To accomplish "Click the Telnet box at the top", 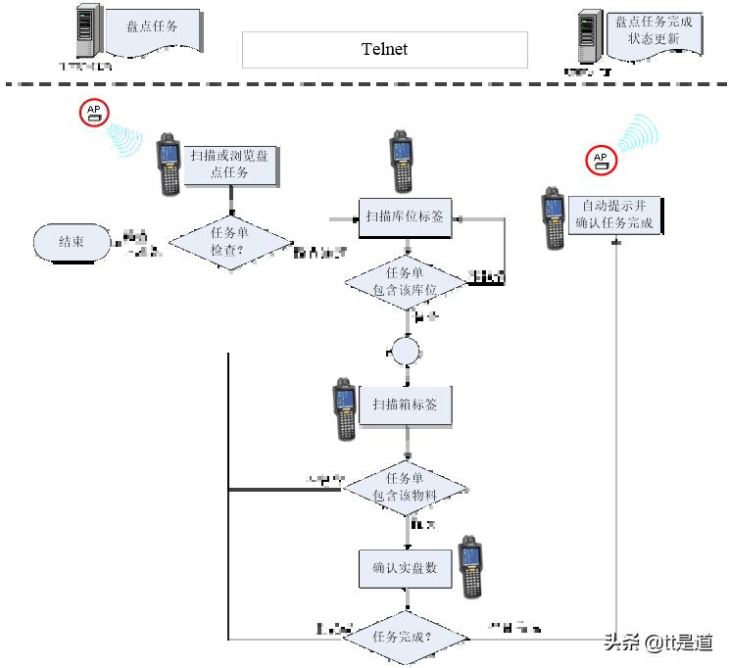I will pyautogui.click(x=384, y=49).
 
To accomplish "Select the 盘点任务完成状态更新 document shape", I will pyautogui.click(x=654, y=31).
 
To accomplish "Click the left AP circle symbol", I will pyautogui.click(x=95, y=113).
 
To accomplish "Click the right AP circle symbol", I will pyautogui.click(x=601, y=161).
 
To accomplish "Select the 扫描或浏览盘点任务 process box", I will pyautogui.click(x=232, y=164).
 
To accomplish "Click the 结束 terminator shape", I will pyautogui.click(x=72, y=242).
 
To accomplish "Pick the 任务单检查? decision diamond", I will pyautogui.click(x=231, y=241).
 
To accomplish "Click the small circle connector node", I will pyautogui.click(x=406, y=350).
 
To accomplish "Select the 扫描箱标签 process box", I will pyautogui.click(x=406, y=405).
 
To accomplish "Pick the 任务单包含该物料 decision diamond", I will pyautogui.click(x=406, y=488).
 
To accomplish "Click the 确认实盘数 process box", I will pyautogui.click(x=406, y=567).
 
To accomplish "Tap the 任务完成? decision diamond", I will pyautogui.click(x=406, y=637).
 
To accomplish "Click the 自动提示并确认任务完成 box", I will pyautogui.click(x=614, y=215).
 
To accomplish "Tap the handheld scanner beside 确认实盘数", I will pyautogui.click(x=471, y=567).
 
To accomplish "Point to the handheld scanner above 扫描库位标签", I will pyautogui.click(x=400, y=162).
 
